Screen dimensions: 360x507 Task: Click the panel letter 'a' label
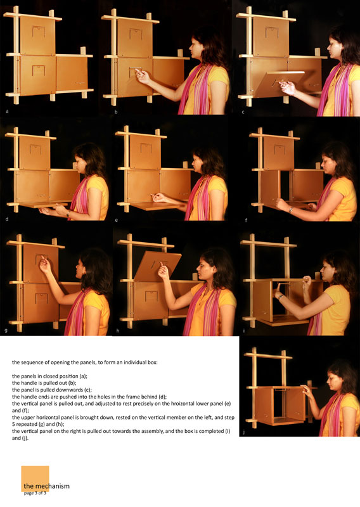click(7, 112)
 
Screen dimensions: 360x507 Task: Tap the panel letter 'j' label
click(243, 432)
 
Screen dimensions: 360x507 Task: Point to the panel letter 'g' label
click(6, 330)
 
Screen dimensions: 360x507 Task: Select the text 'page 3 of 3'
click(35, 493)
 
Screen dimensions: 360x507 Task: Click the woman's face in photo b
click(197, 49)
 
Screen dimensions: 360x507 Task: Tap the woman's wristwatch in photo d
click(68, 214)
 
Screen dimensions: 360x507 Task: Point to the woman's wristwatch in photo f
click(291, 210)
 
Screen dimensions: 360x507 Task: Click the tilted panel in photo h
click(158, 266)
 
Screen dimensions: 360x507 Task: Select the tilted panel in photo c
click(279, 84)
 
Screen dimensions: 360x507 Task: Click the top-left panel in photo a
click(37, 35)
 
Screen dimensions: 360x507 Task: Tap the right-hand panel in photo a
click(72, 74)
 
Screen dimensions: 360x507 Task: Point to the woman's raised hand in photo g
click(45, 265)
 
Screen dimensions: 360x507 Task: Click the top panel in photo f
click(278, 153)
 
